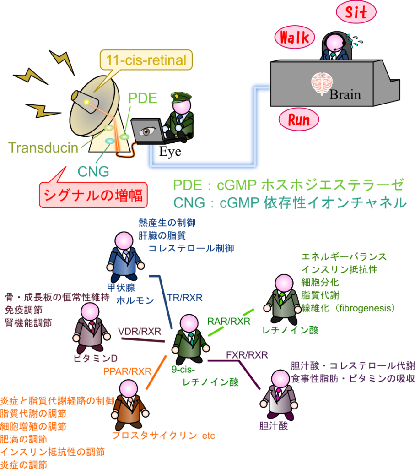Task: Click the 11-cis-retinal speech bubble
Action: click(146, 60)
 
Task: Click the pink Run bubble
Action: click(298, 120)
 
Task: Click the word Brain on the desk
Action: click(345, 95)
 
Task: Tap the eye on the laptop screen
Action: click(146, 131)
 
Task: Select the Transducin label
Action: click(43, 148)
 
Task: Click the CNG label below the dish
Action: click(93, 172)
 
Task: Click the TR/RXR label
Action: click(185, 298)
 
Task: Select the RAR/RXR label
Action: click(229, 322)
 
